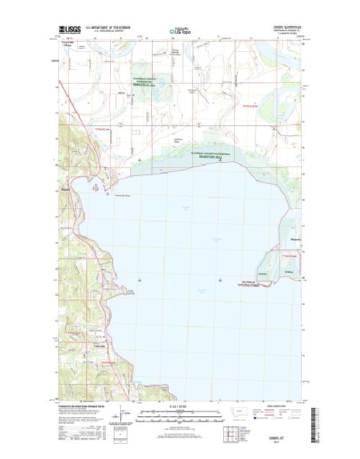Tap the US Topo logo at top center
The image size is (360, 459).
click(182, 32)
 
